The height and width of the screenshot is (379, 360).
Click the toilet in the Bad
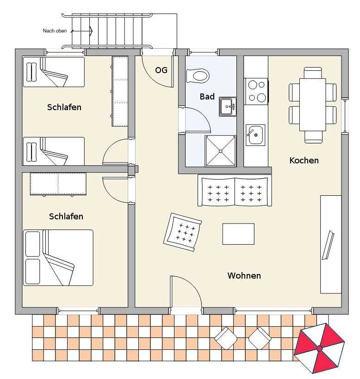[198, 76]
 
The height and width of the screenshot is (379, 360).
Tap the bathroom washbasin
[228, 106]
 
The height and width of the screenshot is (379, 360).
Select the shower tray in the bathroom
[220, 151]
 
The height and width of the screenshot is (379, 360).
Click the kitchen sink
[255, 135]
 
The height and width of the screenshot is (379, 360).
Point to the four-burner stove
[256, 91]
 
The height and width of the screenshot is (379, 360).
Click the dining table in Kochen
[313, 105]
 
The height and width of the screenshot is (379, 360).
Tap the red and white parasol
[319, 348]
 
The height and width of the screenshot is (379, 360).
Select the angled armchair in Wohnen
[183, 232]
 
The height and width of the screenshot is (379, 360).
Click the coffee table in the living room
[238, 234]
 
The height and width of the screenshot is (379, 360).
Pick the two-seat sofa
[235, 191]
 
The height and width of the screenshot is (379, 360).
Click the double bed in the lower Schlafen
[58, 258]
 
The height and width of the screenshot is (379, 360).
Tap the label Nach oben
[55, 31]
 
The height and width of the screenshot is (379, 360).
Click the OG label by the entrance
[161, 70]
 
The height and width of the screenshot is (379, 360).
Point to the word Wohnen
[244, 275]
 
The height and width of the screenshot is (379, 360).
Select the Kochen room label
[304, 160]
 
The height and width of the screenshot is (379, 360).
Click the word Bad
[207, 97]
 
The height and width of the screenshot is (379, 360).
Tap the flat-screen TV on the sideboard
[328, 245]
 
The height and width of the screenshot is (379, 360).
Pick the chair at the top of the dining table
[313, 73]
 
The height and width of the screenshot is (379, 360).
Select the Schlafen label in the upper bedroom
[64, 107]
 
